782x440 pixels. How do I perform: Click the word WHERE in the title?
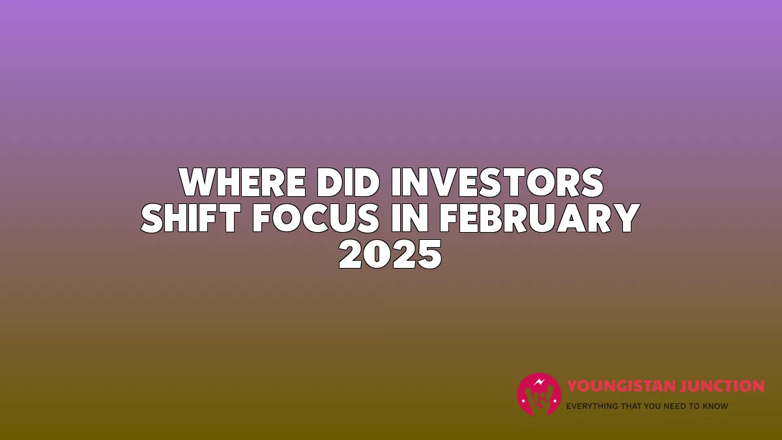tap(242, 183)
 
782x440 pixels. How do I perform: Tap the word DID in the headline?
tap(348, 183)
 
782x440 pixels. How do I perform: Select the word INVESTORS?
tap(497, 183)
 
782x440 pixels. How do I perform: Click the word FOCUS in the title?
tap(315, 218)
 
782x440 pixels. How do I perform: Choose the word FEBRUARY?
tap(540, 218)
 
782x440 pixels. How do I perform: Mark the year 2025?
tap(390, 254)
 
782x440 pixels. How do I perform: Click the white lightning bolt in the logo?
tap(540, 382)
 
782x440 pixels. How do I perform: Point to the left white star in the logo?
tap(523, 401)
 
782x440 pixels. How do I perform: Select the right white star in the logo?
tap(555, 401)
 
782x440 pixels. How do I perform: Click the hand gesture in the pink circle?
tap(540, 398)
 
